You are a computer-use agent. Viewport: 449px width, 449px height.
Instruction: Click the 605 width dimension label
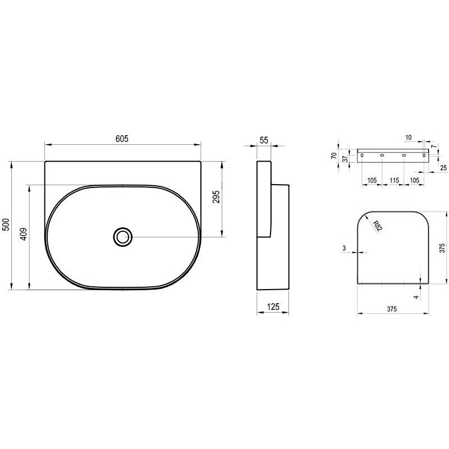point(122,139)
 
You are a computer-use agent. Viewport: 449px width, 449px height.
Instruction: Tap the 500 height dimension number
point(6,224)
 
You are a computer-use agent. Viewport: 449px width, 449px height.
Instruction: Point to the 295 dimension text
point(216,196)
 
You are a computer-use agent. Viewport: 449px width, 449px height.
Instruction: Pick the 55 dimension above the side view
point(264,140)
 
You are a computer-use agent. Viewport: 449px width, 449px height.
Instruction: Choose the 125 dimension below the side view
point(273,306)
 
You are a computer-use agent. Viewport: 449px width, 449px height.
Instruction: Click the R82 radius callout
point(378,226)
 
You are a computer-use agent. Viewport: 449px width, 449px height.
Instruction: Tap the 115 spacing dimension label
point(395,180)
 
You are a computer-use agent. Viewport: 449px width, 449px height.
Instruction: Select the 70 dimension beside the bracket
point(334,156)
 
